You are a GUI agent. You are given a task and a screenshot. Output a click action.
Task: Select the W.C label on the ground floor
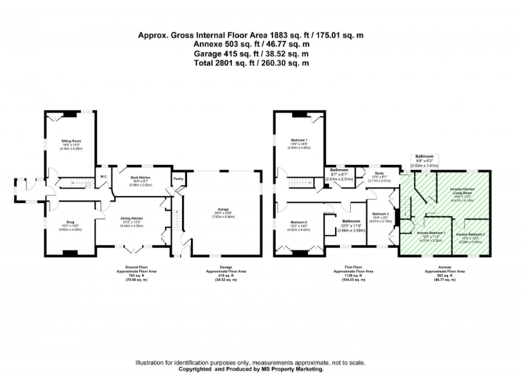coord(103,177)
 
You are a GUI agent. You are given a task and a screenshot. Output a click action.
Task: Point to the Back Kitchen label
coord(140,177)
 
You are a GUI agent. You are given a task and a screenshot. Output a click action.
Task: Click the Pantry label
coord(178,179)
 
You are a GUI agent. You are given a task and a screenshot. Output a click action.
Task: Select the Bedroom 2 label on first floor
coord(300,222)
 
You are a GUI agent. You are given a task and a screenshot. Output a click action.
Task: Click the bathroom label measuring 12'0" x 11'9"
coord(351,221)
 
